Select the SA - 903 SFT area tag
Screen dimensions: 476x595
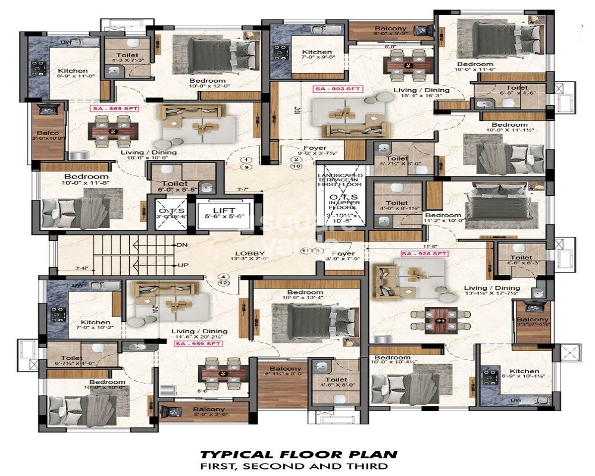pyautogui.click(x=337, y=89)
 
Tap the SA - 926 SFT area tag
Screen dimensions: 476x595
pyautogui.click(x=424, y=254)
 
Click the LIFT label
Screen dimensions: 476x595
pyautogui.click(x=224, y=211)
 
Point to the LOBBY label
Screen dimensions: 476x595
pyautogui.click(x=245, y=252)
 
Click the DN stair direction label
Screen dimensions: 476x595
pyautogui.click(x=182, y=245)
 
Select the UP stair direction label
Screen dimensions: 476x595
pyautogui.click(x=182, y=265)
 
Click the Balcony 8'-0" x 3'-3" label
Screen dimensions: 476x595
pyautogui.click(x=390, y=32)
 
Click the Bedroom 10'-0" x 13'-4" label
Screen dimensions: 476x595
pyautogui.click(x=305, y=296)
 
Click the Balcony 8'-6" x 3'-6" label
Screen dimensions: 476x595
pyautogui.click(x=208, y=412)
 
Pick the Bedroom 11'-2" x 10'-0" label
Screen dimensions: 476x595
pyautogui.click(x=443, y=218)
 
